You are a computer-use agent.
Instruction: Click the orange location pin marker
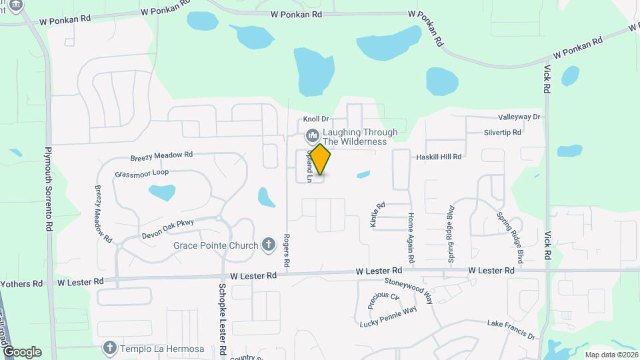pyautogui.click(x=321, y=160)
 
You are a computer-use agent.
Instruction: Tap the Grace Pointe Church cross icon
pyautogui.click(x=269, y=245)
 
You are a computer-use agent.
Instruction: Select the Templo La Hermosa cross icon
pyautogui.click(x=111, y=348)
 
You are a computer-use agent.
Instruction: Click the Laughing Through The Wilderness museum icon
pyautogui.click(x=312, y=137)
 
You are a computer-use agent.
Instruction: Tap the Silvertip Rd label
pyautogui.click(x=503, y=133)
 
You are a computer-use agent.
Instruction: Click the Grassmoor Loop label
pyautogui.click(x=141, y=173)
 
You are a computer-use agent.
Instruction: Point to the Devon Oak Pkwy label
pyautogui.click(x=167, y=230)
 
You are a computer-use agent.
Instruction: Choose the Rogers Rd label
pyautogui.click(x=286, y=251)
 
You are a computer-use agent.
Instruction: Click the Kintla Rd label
pyautogui.click(x=377, y=215)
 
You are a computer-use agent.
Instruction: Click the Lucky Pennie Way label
pyautogui.click(x=388, y=317)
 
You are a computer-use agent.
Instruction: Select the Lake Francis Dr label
pyautogui.click(x=511, y=330)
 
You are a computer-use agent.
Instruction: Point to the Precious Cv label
pyautogui.click(x=383, y=301)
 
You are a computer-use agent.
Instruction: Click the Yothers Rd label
pyautogui.click(x=21, y=283)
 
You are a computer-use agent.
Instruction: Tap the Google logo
pyautogui.click(x=22, y=352)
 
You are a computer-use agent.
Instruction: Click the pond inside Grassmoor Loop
pyautogui.click(x=162, y=193)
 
